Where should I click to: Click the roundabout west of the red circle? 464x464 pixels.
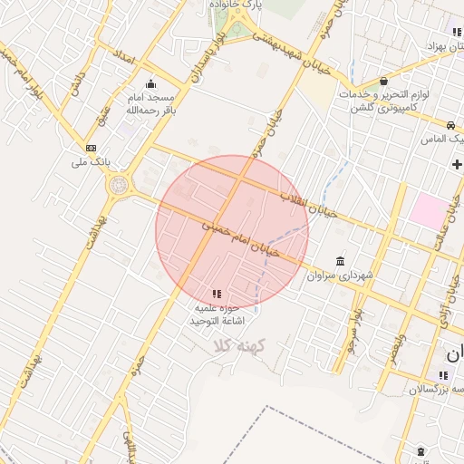click(118, 186)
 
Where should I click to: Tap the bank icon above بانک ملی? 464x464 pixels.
click(91, 148)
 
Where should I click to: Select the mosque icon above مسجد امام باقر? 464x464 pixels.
click(150, 83)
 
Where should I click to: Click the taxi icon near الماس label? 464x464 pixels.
click(450, 124)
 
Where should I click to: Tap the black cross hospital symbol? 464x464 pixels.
click(457, 164)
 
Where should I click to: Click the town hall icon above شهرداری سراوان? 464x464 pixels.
click(340, 261)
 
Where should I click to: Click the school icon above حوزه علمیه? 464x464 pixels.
click(216, 294)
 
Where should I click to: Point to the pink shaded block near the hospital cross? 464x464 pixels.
click(427, 210)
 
